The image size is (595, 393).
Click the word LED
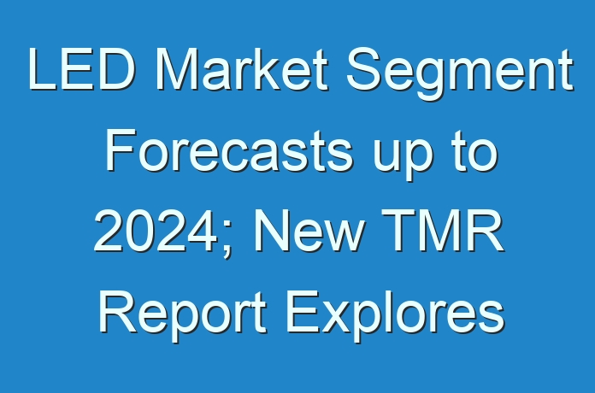pyautogui.click(x=81, y=69)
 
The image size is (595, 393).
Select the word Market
pyautogui.click(x=241, y=69)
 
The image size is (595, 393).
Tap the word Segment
pyautogui.click(x=459, y=74)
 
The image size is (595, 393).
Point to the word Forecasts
pyautogui.click(x=229, y=150)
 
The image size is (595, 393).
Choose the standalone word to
pyautogui.click(x=475, y=151)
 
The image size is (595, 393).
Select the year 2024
pyautogui.click(x=156, y=232)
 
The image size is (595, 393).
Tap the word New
pyautogui.click(x=308, y=232)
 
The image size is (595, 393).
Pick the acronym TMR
pyautogui.click(x=443, y=232)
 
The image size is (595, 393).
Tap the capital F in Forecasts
pyautogui.click(x=121, y=150)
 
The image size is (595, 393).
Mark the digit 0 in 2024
pyautogui.click(x=139, y=232)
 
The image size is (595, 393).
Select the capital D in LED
pyautogui.click(x=116, y=69)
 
